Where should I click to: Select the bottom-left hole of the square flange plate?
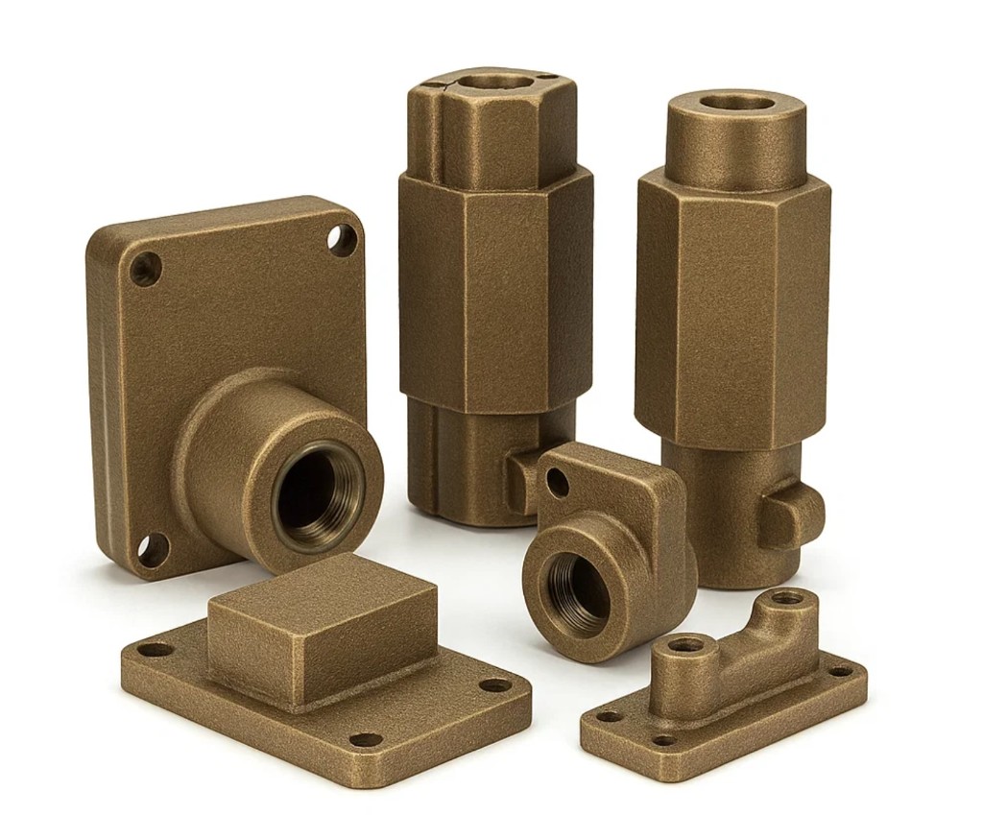pos(152,550)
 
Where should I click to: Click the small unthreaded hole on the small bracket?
pos(557,482)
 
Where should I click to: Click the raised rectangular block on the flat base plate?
pos(322,624)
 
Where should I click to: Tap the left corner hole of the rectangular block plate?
pos(155,650)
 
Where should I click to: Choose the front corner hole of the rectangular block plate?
pos(366,740)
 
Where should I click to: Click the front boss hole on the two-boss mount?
pos(685,645)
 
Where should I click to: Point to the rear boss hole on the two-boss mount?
pos(788,598)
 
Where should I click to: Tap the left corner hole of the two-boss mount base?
pos(608,715)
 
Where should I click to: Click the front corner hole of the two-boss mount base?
pos(663,740)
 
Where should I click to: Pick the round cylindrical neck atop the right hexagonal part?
pos(735,144)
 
